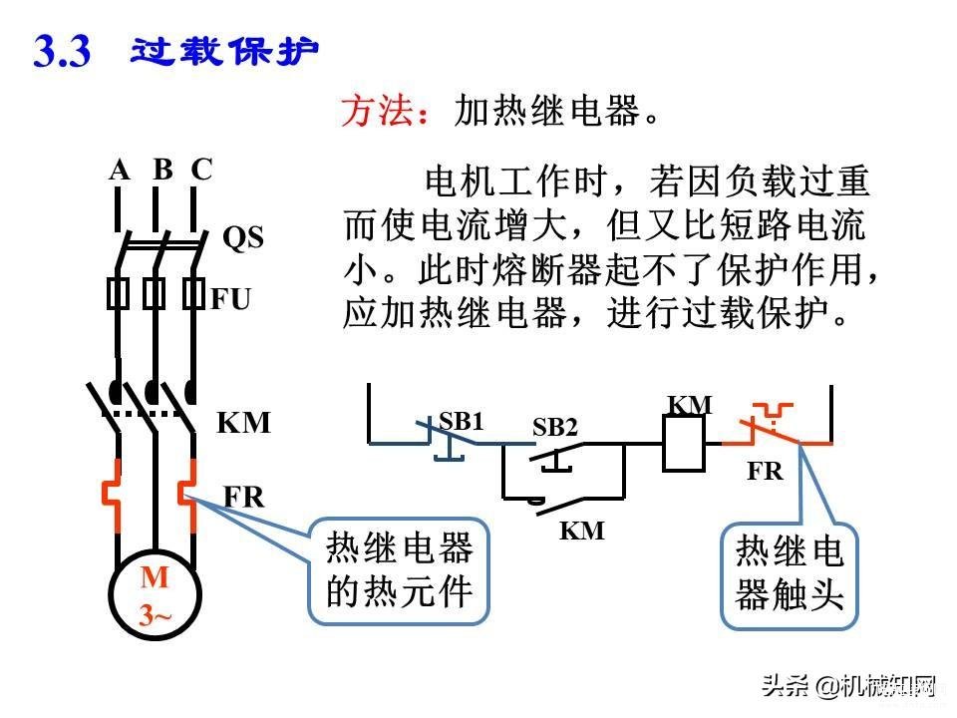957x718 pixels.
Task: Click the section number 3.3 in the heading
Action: point(62,51)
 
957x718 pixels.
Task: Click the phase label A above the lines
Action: point(120,170)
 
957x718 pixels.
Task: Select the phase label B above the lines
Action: point(162,170)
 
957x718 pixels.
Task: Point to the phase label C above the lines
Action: point(202,170)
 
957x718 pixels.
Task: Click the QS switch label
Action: point(243,237)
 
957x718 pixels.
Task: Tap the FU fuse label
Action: point(230,299)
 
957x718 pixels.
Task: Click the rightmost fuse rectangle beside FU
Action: point(193,293)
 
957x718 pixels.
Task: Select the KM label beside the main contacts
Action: point(243,423)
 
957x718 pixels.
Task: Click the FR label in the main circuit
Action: point(243,497)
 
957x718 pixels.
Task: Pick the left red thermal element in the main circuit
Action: point(111,495)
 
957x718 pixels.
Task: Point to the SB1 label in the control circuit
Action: point(461,421)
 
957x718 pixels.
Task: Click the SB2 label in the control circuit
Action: point(555,428)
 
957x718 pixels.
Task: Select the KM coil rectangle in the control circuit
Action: point(684,443)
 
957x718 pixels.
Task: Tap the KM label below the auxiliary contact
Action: point(582,531)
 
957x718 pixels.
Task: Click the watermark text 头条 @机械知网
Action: point(849,686)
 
